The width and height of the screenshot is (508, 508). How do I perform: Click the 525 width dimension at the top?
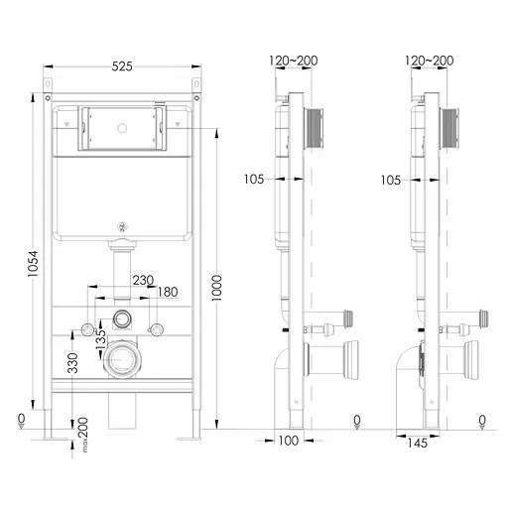[122, 66]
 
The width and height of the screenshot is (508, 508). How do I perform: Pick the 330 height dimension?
[72, 363]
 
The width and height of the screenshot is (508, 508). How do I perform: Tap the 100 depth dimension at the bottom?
[288, 441]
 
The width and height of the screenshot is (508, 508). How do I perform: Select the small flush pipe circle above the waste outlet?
[123, 319]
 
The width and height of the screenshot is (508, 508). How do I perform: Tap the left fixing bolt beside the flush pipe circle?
[89, 328]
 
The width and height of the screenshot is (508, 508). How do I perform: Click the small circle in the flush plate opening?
[122, 127]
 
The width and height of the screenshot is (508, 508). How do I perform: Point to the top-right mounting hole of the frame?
[196, 98]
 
